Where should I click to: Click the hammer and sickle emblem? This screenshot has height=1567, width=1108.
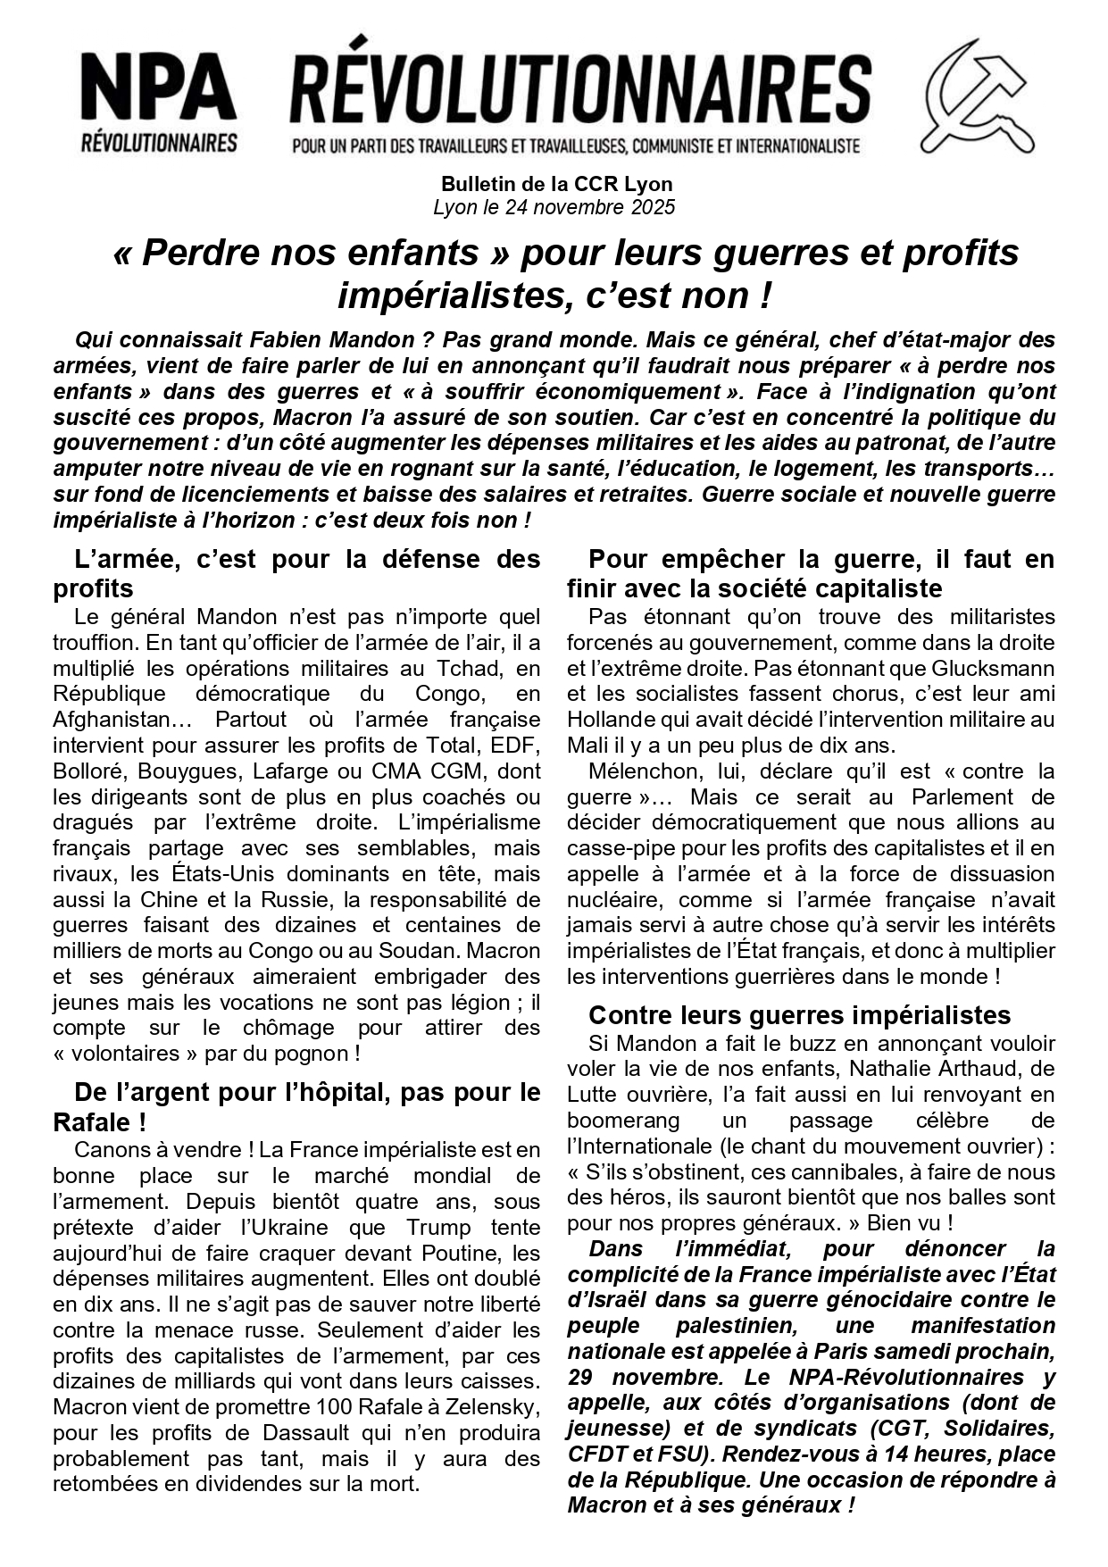pyautogui.click(x=977, y=96)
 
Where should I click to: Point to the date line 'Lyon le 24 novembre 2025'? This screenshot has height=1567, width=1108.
pyautogui.click(x=554, y=208)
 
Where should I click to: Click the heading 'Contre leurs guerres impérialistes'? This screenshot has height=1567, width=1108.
pyautogui.click(x=799, y=1015)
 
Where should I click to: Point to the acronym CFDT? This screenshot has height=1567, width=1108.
pyautogui.click(x=596, y=1454)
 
